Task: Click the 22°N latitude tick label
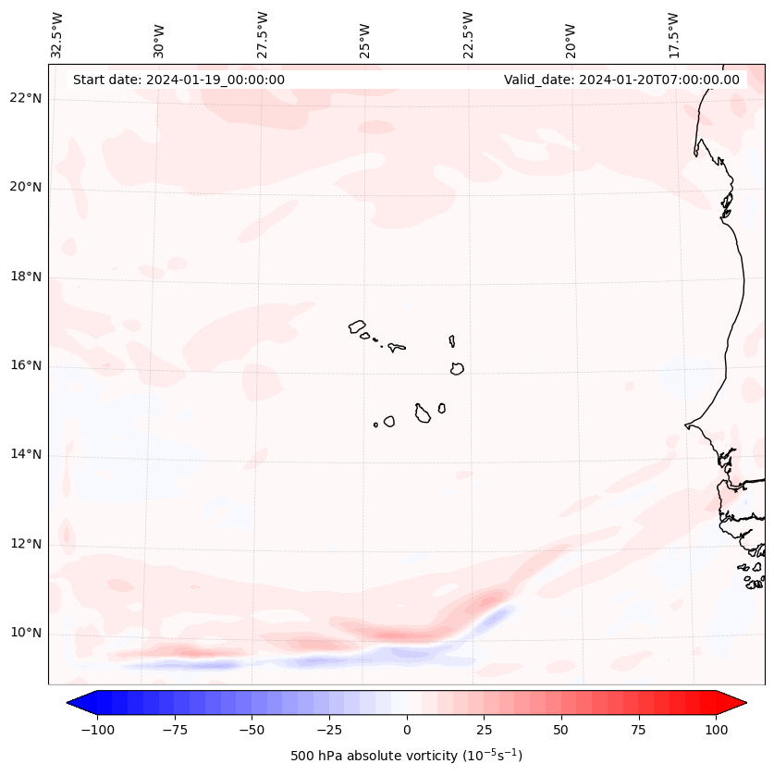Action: [25, 98]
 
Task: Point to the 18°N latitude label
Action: [25, 277]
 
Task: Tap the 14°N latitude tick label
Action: [25, 454]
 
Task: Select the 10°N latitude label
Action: [25, 633]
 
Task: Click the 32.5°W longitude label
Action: [57, 34]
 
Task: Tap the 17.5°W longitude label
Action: [673, 34]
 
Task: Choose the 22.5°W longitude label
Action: [468, 34]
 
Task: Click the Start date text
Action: [178, 80]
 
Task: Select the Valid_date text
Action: [621, 80]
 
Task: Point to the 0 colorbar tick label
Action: [407, 730]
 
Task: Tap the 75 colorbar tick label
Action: [639, 730]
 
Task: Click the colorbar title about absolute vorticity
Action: [406, 756]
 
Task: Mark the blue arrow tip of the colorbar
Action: [75, 703]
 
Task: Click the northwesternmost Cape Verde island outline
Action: [357, 326]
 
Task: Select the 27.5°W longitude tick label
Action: [263, 34]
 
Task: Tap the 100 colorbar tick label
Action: [717, 730]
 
